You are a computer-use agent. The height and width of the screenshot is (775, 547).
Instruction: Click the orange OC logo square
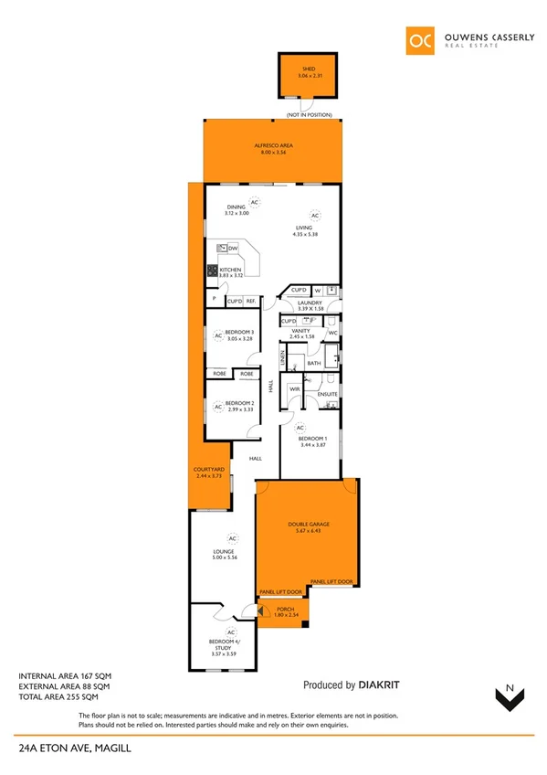click(420, 41)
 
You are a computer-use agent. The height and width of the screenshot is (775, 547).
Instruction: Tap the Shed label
click(307, 69)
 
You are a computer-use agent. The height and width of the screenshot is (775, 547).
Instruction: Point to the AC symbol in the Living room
click(313, 216)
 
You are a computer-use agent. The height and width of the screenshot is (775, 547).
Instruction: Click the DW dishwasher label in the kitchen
click(234, 249)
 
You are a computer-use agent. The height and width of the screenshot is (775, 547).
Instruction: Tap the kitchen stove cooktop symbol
click(212, 271)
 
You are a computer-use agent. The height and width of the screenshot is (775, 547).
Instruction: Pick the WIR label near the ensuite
click(294, 389)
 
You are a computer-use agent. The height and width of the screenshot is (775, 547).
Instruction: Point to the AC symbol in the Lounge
click(232, 538)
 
